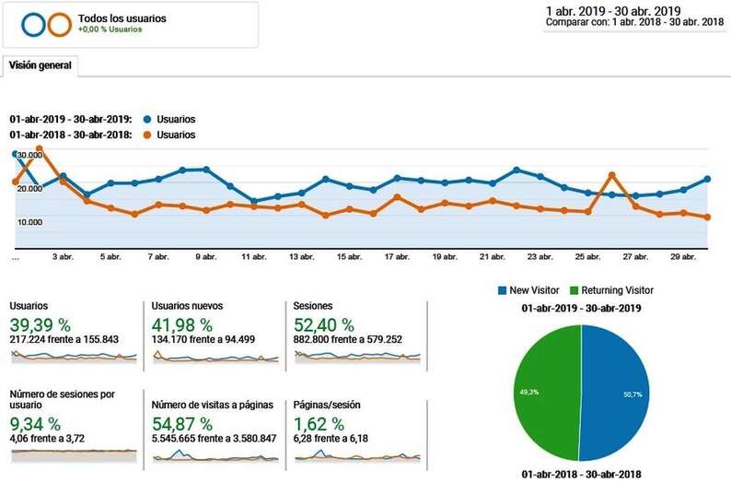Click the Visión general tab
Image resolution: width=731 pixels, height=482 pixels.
(41, 66)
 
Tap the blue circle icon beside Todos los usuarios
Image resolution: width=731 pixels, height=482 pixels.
(33, 25)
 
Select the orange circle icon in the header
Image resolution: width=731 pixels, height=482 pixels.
(59, 25)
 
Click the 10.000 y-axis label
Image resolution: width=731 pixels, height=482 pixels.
(31, 222)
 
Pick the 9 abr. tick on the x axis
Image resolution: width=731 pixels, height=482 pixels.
(205, 257)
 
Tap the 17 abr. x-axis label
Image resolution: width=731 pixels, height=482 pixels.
(397, 257)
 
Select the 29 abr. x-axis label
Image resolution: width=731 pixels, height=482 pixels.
(682, 257)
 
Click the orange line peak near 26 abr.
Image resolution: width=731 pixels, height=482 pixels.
(611, 174)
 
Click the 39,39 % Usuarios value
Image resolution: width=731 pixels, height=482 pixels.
(41, 324)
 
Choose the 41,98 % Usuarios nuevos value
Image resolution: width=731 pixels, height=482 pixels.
(182, 324)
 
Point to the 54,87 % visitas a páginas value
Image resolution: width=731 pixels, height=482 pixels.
(182, 424)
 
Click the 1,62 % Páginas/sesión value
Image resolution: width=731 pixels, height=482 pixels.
(319, 424)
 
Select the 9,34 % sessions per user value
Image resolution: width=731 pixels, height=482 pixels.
(36, 424)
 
